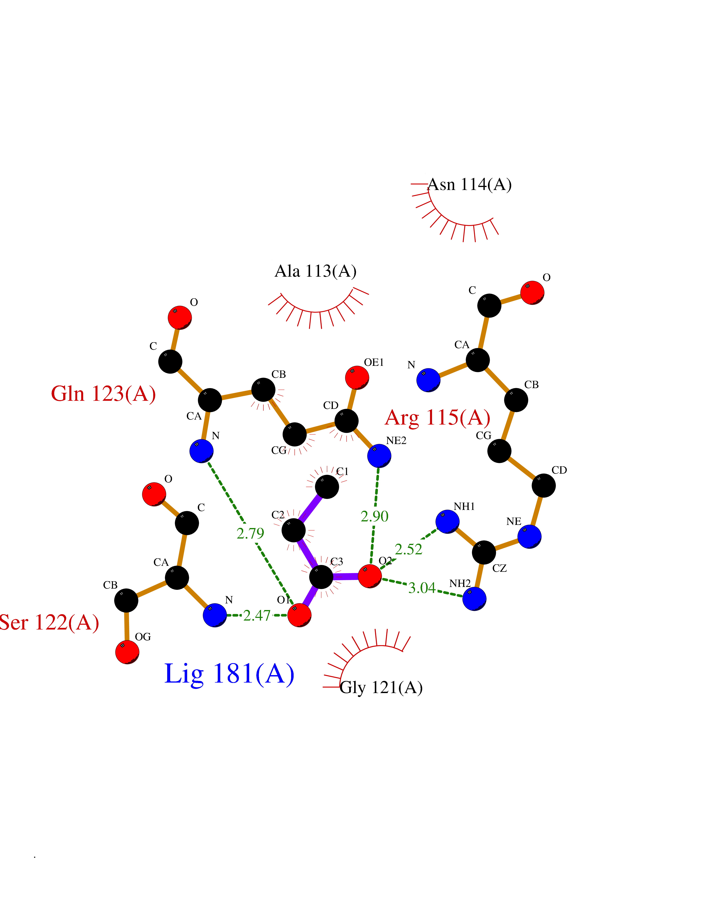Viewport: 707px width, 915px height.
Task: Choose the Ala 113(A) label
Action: tap(315, 272)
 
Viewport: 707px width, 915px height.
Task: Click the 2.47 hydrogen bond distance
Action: tap(257, 615)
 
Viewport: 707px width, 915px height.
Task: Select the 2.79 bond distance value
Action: tap(251, 533)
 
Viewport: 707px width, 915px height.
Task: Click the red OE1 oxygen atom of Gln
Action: tap(357, 377)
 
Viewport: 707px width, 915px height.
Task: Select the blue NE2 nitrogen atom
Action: tap(379, 456)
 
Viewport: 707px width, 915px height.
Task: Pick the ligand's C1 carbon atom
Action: tap(327, 487)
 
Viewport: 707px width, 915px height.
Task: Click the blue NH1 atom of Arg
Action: tap(447, 522)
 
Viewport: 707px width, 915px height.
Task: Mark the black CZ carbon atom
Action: tap(484, 552)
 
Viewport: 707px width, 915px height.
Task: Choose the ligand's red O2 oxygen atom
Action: tap(370, 576)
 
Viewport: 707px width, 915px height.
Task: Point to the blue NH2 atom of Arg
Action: tap(474, 599)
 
